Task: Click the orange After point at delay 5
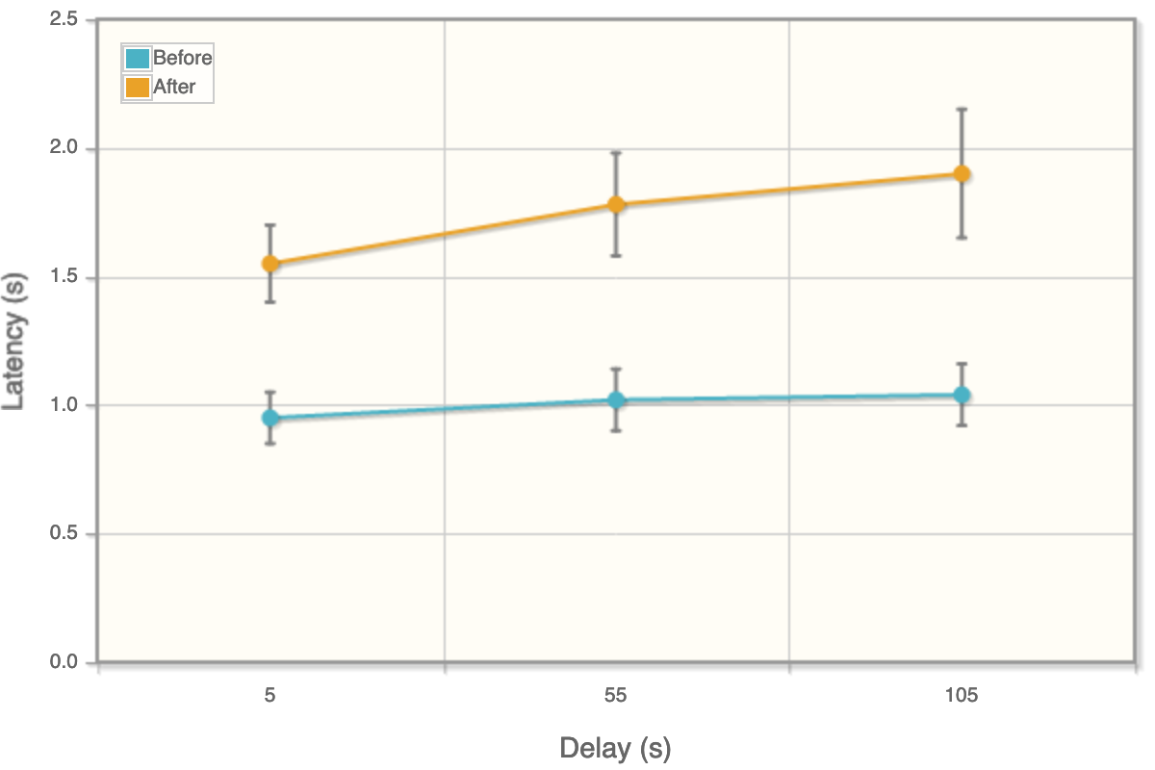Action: tap(270, 264)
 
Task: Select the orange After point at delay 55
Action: tap(616, 204)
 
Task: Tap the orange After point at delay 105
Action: tap(962, 174)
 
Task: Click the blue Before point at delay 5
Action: tap(270, 418)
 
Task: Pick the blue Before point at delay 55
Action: tap(616, 400)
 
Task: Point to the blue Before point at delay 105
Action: tap(962, 395)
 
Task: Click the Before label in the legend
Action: tap(182, 58)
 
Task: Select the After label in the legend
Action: tap(174, 87)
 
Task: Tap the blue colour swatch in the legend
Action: tap(138, 58)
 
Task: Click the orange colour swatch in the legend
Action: tap(138, 87)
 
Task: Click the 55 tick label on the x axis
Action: tap(616, 696)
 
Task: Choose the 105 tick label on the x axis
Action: tap(962, 696)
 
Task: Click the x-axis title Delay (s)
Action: tap(615, 748)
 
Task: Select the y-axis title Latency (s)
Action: tap(14, 341)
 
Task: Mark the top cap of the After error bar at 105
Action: tap(962, 109)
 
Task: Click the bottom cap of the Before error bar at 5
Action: tap(270, 444)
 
